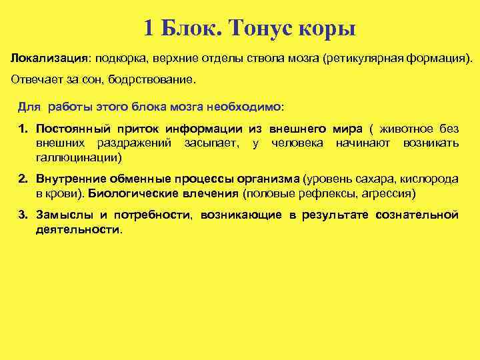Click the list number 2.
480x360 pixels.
[x=23, y=179]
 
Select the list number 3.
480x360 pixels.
[x=23, y=215]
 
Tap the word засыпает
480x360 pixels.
[x=213, y=143]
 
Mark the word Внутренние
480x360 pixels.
[x=69, y=179]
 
